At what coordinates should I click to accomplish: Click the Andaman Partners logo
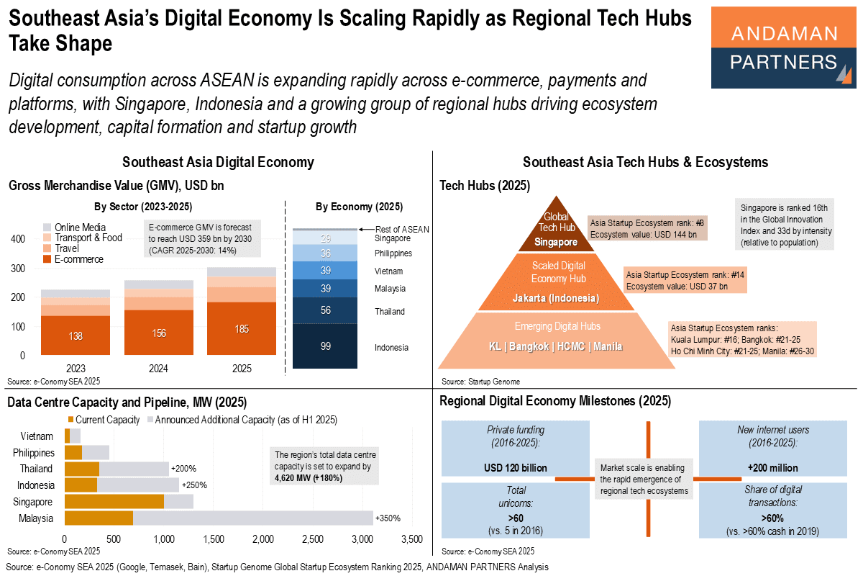point(783,48)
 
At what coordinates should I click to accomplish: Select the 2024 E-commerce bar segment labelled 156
point(159,333)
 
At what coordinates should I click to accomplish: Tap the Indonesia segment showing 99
point(325,346)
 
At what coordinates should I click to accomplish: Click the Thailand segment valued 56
point(325,310)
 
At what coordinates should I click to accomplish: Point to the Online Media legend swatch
point(47,227)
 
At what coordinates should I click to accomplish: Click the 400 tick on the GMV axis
point(18,239)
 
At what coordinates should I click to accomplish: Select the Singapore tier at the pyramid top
point(556,225)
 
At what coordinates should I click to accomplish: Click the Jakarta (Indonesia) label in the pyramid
point(556,298)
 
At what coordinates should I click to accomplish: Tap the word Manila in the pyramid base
point(608,346)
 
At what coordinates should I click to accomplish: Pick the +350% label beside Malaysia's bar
point(388,518)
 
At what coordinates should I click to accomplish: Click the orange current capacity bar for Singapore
point(114,502)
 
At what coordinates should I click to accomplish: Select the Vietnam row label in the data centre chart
point(37,436)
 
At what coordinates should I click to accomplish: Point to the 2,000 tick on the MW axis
point(263,539)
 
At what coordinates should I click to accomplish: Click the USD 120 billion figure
point(516,468)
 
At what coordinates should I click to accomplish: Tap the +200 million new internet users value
point(773,468)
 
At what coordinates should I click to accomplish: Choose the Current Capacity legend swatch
point(70,419)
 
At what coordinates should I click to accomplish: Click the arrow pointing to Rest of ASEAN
point(366,230)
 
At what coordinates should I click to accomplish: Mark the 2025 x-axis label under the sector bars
point(242,369)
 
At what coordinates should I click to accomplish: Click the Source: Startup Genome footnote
point(481,382)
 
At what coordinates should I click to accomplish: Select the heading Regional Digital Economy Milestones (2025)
point(555,401)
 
